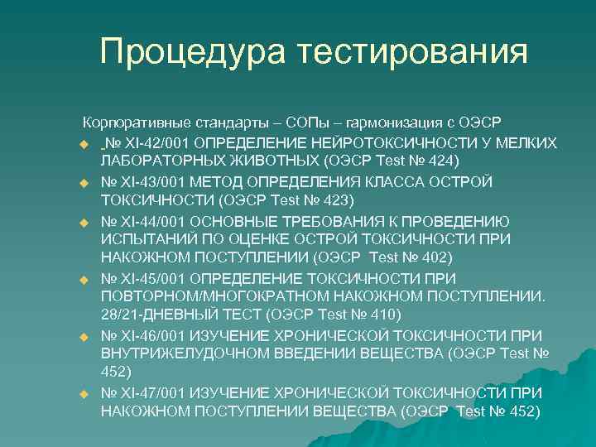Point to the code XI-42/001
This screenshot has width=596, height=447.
[x=160, y=142]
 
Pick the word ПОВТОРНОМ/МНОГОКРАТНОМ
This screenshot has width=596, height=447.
[x=213, y=296]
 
